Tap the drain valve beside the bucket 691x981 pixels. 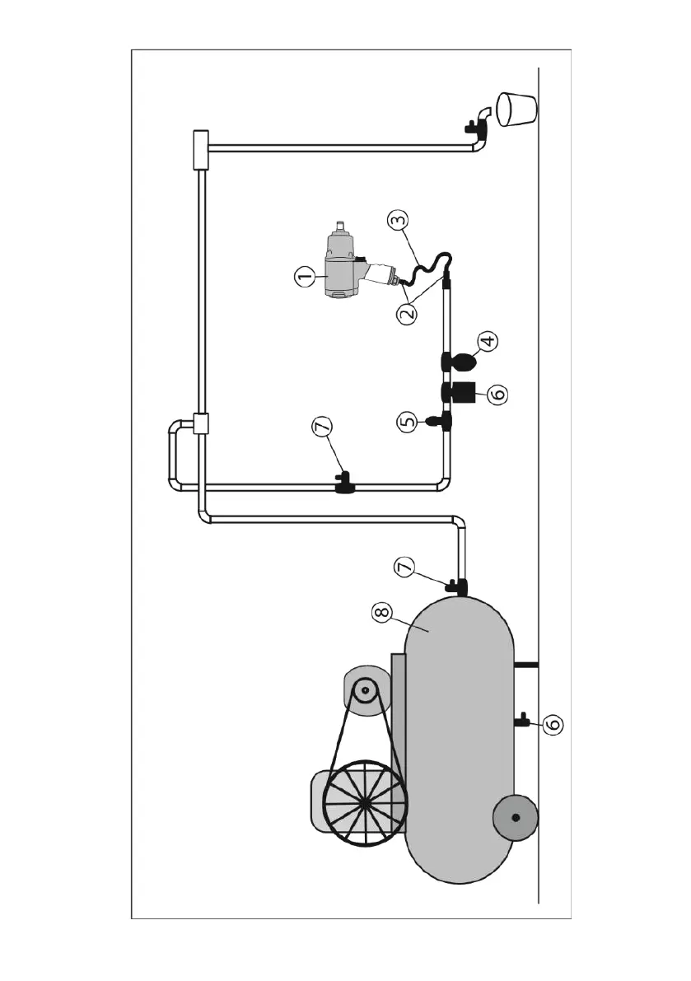pyautogui.click(x=474, y=127)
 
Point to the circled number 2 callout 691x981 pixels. pyautogui.click(x=408, y=313)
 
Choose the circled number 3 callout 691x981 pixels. pyautogui.click(x=399, y=220)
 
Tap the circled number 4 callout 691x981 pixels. pyautogui.click(x=488, y=341)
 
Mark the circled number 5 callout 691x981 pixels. pyautogui.click(x=407, y=422)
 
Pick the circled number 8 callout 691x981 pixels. pyautogui.click(x=381, y=613)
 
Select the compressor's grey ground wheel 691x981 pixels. pyautogui.click(x=516, y=818)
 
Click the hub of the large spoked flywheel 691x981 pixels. pyautogui.click(x=364, y=802)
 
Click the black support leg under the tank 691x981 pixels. pyautogui.click(x=525, y=664)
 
